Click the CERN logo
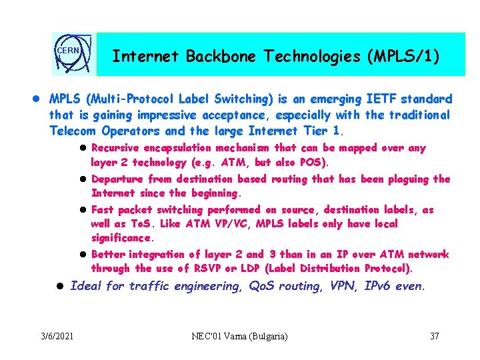73,54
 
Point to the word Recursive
117,148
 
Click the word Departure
117,179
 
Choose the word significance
121,238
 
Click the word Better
107,255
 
